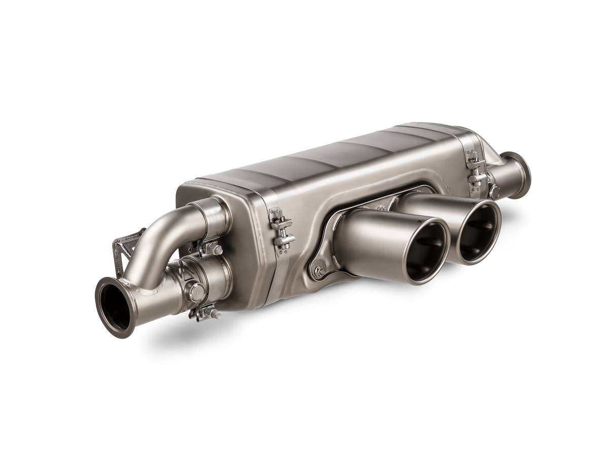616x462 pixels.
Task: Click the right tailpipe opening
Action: tap(478, 232)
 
